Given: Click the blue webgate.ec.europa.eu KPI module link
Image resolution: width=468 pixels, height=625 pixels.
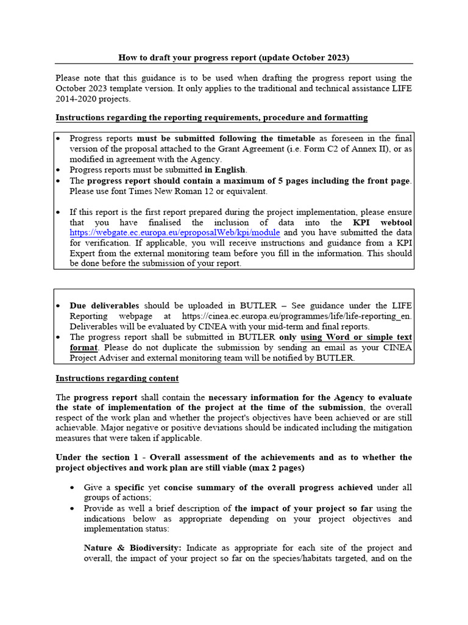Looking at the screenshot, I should pos(175,233).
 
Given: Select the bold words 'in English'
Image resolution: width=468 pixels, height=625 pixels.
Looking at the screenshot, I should pos(225,170).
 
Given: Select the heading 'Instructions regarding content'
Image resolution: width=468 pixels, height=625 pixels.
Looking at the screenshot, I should pos(117,378).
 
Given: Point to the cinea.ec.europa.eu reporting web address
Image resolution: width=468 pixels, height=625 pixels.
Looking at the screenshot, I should pos(297,316).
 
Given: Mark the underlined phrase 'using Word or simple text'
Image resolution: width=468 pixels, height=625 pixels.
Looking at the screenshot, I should pos(356,337).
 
